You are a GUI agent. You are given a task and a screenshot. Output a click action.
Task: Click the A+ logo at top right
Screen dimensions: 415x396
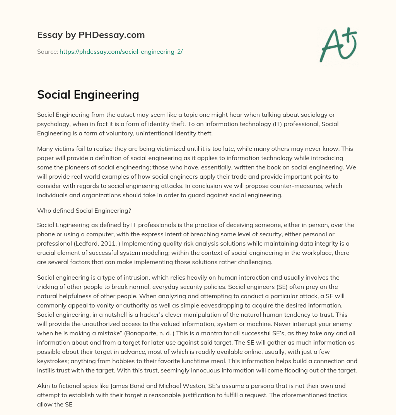pyautogui.click(x=338, y=45)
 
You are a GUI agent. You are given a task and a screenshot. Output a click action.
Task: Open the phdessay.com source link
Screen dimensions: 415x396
pyautogui.click(x=121, y=51)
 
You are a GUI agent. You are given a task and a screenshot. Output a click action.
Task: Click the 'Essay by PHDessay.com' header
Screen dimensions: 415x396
pyautogui.click(x=91, y=35)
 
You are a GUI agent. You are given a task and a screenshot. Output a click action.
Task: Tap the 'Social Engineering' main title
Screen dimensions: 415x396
pyautogui.click(x=88, y=94)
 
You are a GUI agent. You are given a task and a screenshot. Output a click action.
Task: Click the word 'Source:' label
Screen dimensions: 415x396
pyautogui.click(x=47, y=51)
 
